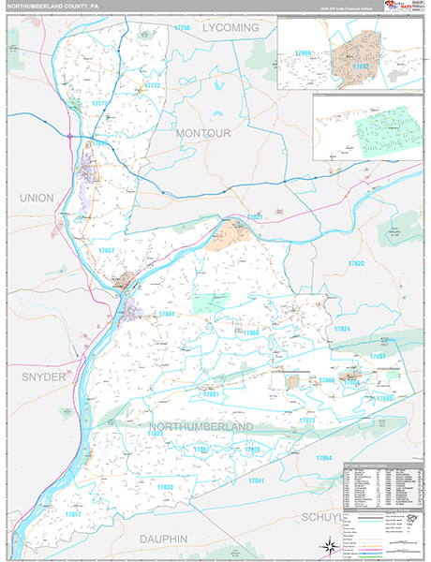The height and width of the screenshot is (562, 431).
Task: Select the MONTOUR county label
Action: [202, 134]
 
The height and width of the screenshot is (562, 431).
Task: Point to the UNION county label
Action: [36, 198]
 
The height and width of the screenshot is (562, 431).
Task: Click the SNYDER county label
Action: [39, 376]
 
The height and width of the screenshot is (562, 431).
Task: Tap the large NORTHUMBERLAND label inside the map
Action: [201, 426]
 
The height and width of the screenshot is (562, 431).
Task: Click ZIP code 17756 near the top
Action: [182, 28]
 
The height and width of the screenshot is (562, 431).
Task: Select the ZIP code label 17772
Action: [152, 86]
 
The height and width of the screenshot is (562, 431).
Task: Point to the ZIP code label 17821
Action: [254, 216]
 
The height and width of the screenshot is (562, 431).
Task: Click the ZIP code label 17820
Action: [356, 264]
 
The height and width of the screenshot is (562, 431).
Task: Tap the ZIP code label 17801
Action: [167, 314]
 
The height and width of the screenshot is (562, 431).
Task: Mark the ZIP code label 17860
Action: [249, 333]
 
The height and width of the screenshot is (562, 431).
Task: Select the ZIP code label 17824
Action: [341, 330]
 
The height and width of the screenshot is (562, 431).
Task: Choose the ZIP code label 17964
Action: [324, 457]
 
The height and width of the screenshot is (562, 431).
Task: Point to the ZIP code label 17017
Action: [71, 514]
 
